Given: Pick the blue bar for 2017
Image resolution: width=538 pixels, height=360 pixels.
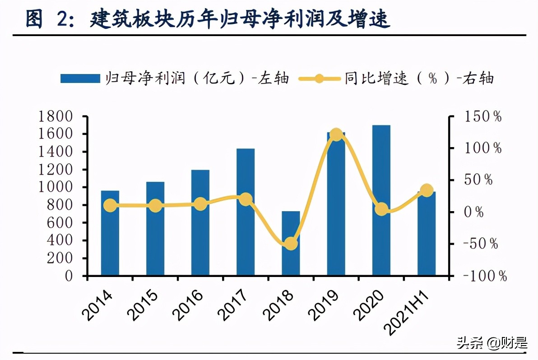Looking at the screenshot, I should (x=246, y=212).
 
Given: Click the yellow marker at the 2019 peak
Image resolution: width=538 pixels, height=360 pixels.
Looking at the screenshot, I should (x=336, y=134).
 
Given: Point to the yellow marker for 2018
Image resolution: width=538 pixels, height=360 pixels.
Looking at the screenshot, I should (x=291, y=244).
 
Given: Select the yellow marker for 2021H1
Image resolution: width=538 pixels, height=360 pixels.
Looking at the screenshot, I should (x=427, y=190).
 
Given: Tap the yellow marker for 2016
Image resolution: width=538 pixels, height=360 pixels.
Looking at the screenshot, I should (x=200, y=204).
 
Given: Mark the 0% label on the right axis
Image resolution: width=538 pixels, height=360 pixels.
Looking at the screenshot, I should (x=474, y=212).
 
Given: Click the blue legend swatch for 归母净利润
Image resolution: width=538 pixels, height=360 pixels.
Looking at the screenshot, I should (x=80, y=78).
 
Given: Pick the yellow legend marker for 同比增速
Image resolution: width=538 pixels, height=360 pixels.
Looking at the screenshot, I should (x=319, y=78).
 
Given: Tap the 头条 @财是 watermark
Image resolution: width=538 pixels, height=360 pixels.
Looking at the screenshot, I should (x=492, y=344).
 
